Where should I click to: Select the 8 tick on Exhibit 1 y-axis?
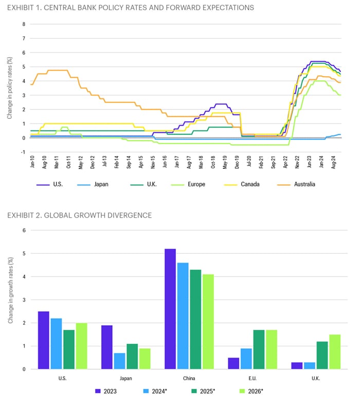point(23,24)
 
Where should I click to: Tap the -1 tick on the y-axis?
point(23,152)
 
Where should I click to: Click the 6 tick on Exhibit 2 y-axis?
point(23,230)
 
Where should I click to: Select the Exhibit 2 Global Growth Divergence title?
point(79,215)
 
